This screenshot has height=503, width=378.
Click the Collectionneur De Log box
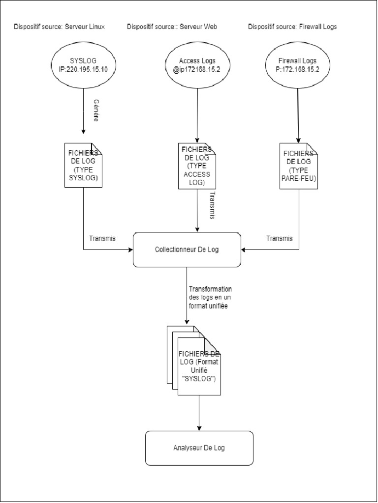pos(187,250)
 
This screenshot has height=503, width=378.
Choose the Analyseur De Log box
pos(199,448)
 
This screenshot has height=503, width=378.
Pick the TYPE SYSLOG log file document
pos(84,165)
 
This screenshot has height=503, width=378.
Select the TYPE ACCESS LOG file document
pos(197,166)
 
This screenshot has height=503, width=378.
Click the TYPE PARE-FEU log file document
pos(299,166)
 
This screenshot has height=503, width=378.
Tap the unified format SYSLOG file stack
pos(194,361)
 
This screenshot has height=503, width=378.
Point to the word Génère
pos(95,111)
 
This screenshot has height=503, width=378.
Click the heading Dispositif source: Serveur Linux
pos(59,27)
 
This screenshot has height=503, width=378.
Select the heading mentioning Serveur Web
pos(172,27)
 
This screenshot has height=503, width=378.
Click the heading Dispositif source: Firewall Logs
pos(292,27)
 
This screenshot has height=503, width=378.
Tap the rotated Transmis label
pos(212,205)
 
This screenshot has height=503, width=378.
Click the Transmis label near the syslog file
pos(102,238)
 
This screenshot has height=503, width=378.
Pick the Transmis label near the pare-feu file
pos(280,238)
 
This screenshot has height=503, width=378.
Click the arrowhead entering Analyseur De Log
pos(199,428)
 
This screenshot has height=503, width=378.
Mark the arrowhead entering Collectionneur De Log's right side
pos(244,249)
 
